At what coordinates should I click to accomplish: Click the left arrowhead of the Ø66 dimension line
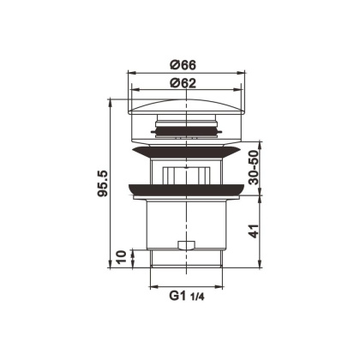pos(131,74)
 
